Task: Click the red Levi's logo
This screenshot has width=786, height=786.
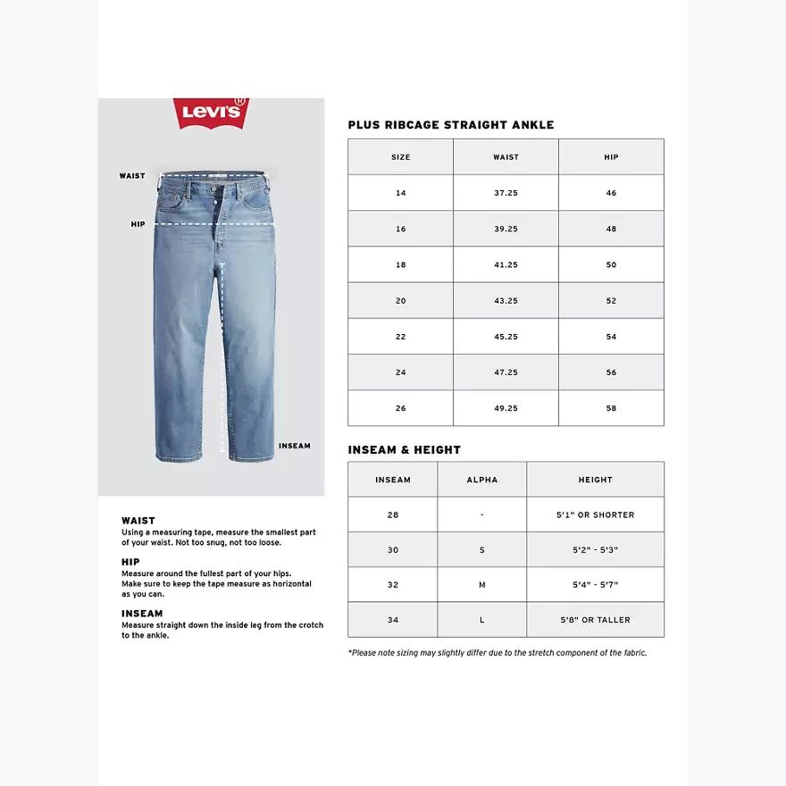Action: coord(212,113)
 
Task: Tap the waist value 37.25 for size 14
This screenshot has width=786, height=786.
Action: coord(506,193)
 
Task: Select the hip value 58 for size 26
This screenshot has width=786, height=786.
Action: coord(611,408)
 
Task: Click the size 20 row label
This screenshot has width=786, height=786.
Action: coord(400,301)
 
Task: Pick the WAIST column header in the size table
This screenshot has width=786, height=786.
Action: coord(506,157)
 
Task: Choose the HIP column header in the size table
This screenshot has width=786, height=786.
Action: coord(611,157)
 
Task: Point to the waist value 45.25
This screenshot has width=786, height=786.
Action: coord(506,337)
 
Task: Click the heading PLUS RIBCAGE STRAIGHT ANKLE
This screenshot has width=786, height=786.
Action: coord(450,125)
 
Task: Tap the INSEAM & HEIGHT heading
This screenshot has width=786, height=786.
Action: coord(404,450)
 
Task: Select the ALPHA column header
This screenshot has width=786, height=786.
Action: coord(481,480)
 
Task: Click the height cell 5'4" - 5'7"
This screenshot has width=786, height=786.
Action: coord(595,585)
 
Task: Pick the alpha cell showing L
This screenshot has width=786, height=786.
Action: coord(481,620)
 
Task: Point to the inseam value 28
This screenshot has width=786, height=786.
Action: coord(393,514)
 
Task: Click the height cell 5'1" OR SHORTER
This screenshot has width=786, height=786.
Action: coord(595,514)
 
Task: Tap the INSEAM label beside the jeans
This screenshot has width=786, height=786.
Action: coord(295,446)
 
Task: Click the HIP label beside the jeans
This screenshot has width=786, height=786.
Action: coord(138,224)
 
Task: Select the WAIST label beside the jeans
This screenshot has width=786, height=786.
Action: coord(132,176)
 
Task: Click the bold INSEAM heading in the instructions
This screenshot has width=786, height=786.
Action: coord(142,614)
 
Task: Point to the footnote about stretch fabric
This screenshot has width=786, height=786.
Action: coord(497,653)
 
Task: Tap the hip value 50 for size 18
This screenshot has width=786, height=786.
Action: coord(611,265)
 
